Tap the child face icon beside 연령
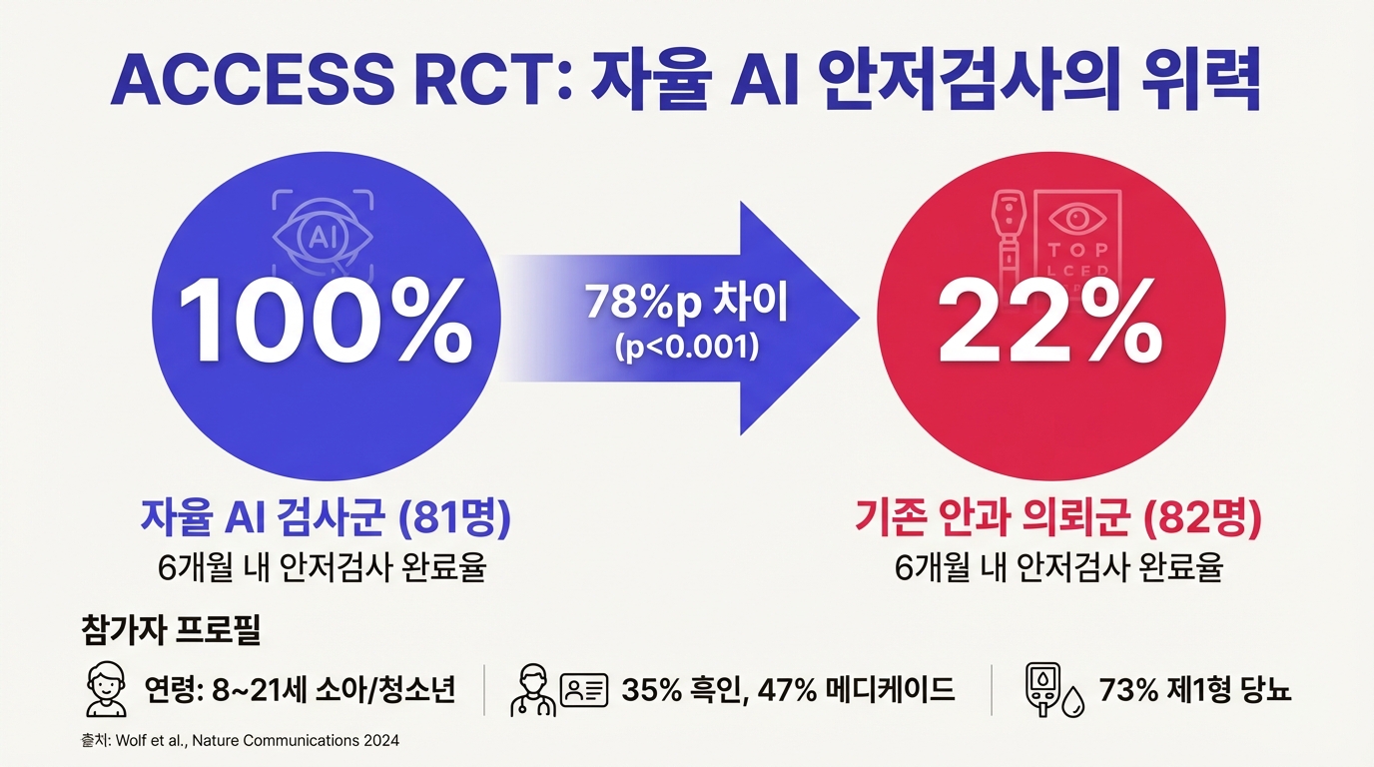[x=105, y=688]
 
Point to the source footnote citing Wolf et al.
[x=239, y=741]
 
